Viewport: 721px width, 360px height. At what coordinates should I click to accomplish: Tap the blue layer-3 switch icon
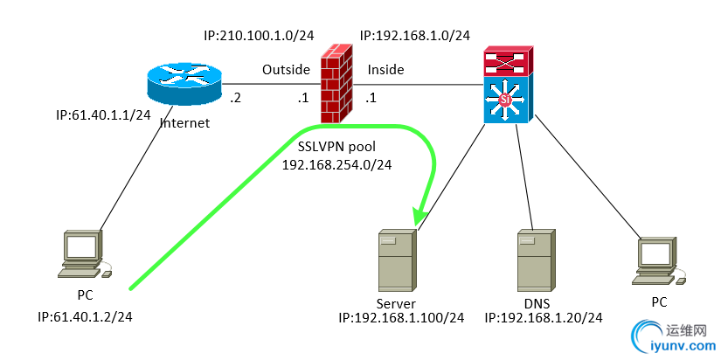tap(504, 100)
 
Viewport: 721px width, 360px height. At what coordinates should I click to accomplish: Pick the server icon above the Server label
tap(397, 260)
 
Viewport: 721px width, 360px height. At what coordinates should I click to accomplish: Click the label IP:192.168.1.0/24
tap(415, 36)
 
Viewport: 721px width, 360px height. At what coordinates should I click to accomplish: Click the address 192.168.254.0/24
tap(336, 164)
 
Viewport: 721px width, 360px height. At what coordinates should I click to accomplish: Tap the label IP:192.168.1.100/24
tap(401, 318)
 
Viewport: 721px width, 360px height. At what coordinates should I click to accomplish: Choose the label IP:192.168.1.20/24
tap(544, 318)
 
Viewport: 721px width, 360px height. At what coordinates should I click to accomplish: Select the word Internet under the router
tap(185, 123)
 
